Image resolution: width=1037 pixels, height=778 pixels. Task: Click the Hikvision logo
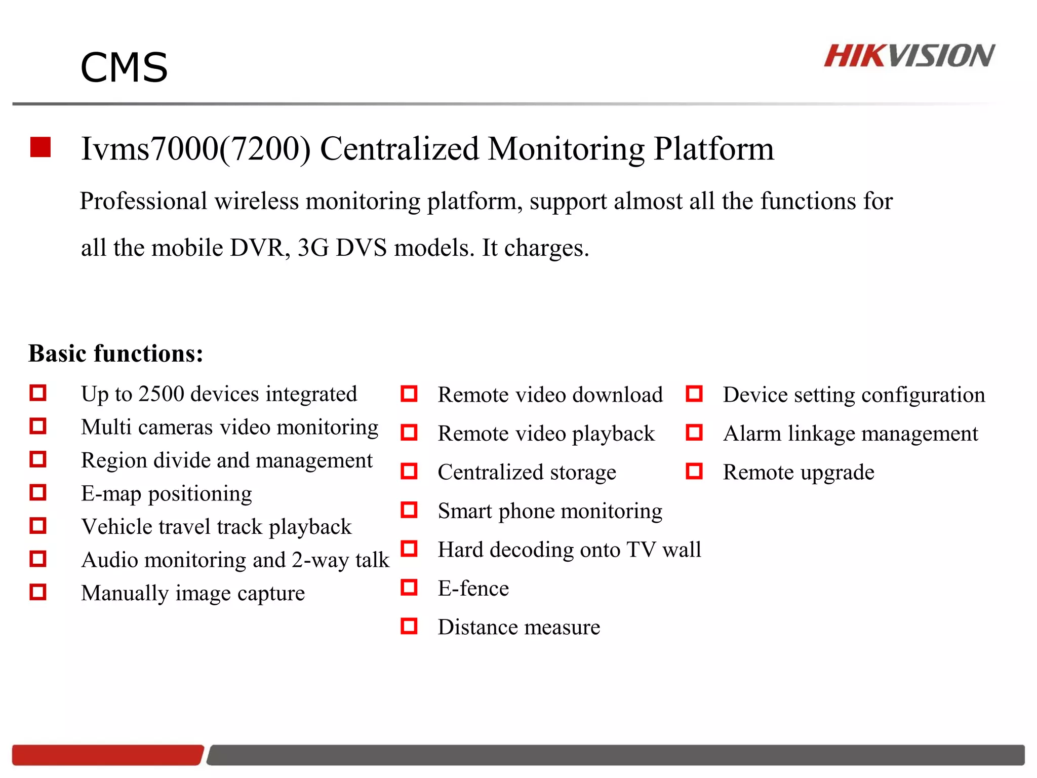(x=909, y=56)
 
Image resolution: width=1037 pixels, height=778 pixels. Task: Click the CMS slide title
(x=124, y=68)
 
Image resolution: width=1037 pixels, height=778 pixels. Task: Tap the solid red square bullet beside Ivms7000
(x=41, y=147)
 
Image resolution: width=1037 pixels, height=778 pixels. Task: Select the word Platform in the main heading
(x=713, y=149)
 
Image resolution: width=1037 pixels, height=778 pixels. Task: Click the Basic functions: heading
(x=116, y=354)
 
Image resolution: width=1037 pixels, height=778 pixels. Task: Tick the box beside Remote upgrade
(x=694, y=472)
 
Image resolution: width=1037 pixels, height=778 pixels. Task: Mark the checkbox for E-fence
(x=409, y=588)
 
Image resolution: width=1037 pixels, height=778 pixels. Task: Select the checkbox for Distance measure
(x=409, y=627)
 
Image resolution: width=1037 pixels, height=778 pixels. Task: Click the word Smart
(x=464, y=511)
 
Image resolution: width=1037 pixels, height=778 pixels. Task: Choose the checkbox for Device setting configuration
(x=694, y=394)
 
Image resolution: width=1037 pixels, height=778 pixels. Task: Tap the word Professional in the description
(x=144, y=201)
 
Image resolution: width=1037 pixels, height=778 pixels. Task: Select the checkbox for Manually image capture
(x=38, y=592)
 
